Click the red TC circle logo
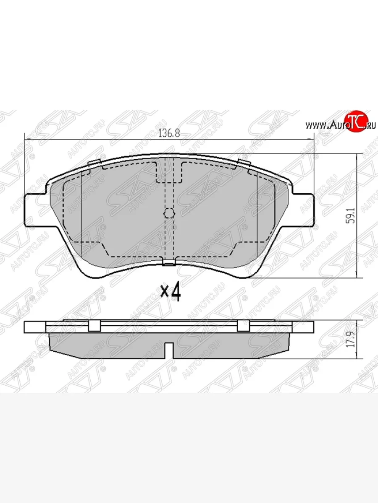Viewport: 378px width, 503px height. pos(357,122)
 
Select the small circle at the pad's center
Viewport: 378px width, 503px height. pos(168,213)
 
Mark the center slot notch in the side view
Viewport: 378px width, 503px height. pos(169,348)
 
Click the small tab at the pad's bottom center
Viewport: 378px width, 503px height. pos(168,263)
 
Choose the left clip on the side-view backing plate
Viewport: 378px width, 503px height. pos(94,326)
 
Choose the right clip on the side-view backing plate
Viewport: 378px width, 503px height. pos(243,326)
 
